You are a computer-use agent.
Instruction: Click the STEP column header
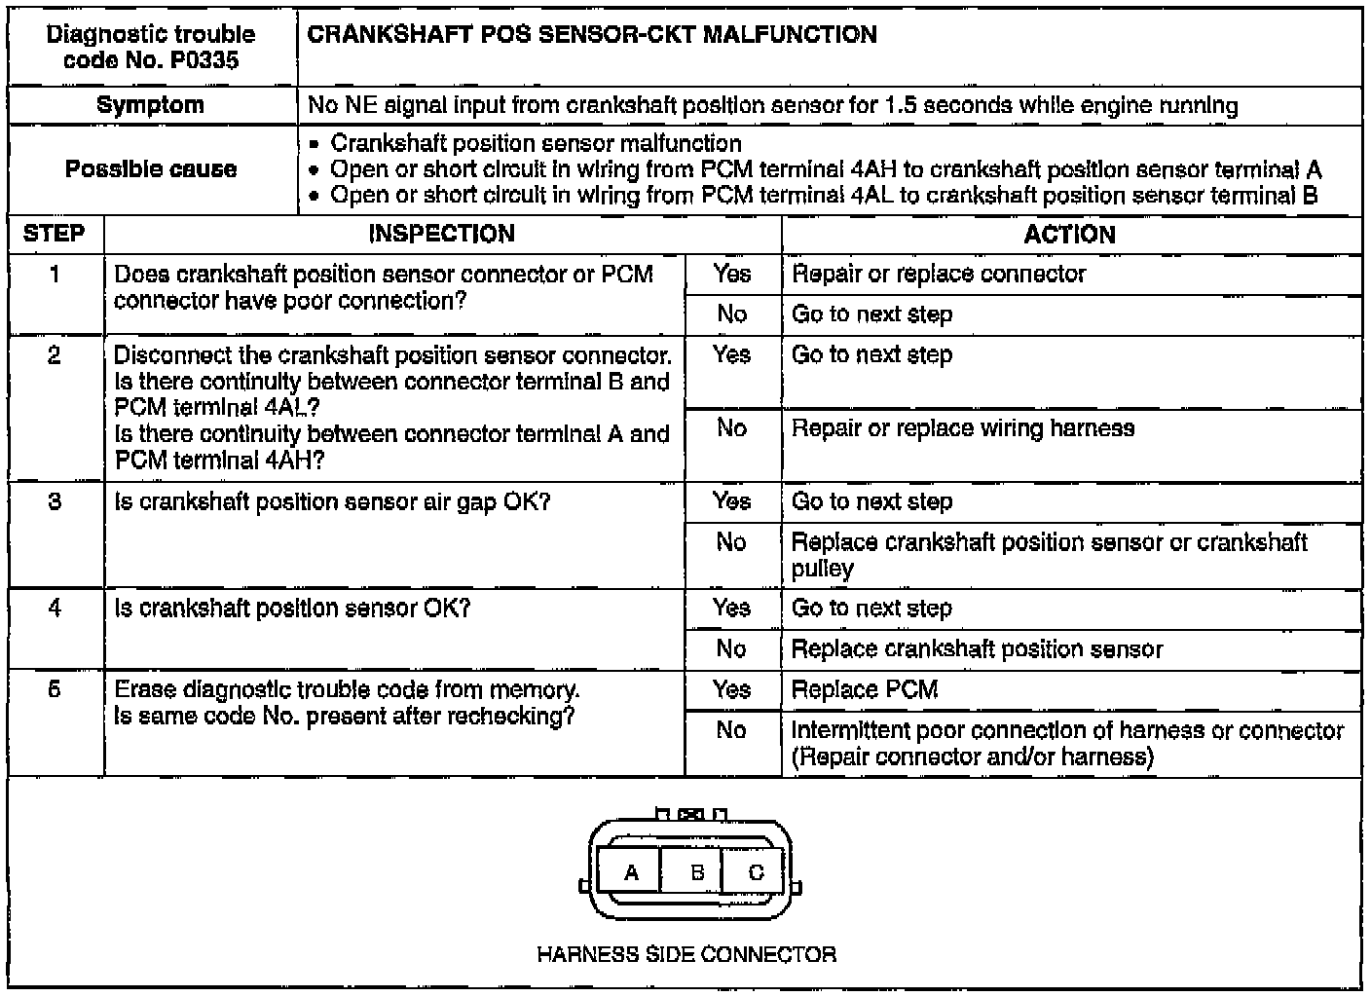55,234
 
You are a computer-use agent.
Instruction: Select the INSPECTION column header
441,234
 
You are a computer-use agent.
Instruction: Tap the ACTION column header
1069,234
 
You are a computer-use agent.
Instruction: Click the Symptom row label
151,105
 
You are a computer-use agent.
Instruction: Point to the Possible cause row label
151,169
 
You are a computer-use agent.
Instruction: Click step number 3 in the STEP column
55,501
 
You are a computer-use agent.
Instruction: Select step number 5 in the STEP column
55,689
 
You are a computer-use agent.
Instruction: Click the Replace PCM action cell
865,690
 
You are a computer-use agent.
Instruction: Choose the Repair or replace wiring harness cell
962,428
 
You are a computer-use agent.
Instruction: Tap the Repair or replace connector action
938,274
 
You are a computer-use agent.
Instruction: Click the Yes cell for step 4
731,609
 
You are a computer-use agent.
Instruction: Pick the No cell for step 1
731,314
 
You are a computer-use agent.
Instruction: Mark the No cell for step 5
731,730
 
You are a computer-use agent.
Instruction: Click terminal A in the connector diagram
631,872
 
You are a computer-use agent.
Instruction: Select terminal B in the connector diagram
696,872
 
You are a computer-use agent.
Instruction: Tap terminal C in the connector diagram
756,872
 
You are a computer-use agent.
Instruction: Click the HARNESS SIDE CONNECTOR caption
686,954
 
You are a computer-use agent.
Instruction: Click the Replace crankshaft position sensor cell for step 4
977,649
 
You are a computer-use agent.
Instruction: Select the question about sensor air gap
332,502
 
